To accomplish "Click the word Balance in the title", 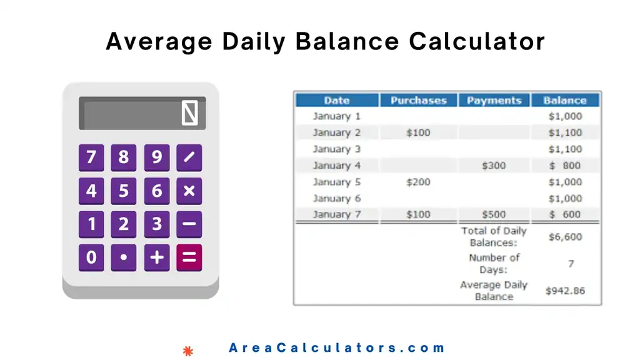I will [x=347, y=41].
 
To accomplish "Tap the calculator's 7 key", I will [x=91, y=157].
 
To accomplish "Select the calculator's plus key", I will [x=157, y=257].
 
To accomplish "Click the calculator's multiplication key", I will [x=189, y=191].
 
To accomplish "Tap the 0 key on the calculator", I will [x=91, y=257].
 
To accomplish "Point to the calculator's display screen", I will [x=142, y=113].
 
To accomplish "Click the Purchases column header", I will [x=418, y=100].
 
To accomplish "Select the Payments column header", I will [x=494, y=100].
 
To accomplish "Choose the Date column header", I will [x=336, y=100].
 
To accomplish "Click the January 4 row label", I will [x=336, y=166].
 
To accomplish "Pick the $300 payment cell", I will [x=494, y=166].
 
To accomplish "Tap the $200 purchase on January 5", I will [x=418, y=182].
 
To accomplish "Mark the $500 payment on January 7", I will [x=494, y=214].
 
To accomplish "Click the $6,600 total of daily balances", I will [x=566, y=237].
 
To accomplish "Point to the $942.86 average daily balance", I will [x=565, y=291].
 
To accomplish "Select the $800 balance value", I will [x=566, y=166].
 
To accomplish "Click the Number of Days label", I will [x=494, y=264].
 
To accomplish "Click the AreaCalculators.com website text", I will [x=337, y=348].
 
